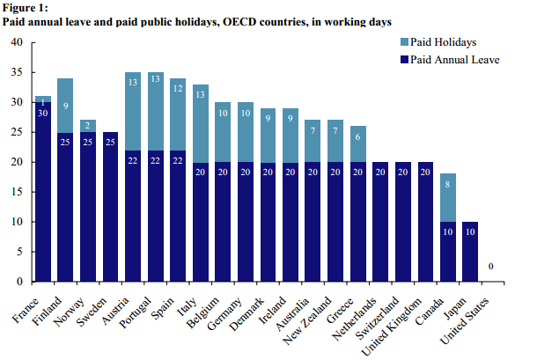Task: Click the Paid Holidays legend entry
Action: (x=449, y=41)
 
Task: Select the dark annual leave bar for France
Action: (x=42, y=194)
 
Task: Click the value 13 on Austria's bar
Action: (x=134, y=83)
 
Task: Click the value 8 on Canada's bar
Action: (x=449, y=186)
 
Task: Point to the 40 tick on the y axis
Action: (x=17, y=42)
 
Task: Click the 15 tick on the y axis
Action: (x=17, y=192)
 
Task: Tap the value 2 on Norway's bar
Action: (x=88, y=126)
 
